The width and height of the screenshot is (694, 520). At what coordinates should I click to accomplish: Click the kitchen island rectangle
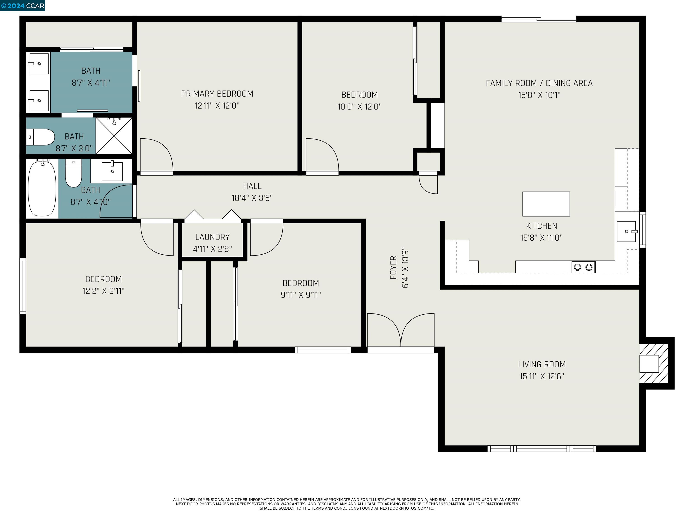[546, 204]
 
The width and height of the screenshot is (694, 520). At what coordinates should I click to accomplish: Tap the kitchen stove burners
[583, 267]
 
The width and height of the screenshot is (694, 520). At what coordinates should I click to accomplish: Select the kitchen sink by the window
[626, 231]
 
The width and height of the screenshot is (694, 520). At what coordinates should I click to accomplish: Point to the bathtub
[42, 188]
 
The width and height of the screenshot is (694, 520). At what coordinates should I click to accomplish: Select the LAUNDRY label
[212, 237]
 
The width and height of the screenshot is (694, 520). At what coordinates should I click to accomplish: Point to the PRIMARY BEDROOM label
[217, 94]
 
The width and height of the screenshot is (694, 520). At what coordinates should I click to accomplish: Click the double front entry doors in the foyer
[401, 331]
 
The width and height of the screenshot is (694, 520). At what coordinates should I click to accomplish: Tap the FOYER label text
[393, 267]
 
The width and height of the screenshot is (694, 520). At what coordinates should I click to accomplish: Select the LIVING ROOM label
[542, 364]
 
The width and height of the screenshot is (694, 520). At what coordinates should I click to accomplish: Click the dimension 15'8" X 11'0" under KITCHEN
[541, 238]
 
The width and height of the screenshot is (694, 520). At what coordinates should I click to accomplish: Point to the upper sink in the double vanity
[39, 64]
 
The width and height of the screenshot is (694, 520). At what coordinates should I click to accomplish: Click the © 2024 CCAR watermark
[23, 6]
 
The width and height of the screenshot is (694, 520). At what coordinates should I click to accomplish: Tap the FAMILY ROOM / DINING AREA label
[539, 83]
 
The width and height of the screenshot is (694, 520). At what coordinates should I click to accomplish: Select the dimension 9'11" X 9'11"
[300, 295]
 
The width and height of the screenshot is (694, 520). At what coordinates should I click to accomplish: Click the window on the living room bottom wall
[542, 448]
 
